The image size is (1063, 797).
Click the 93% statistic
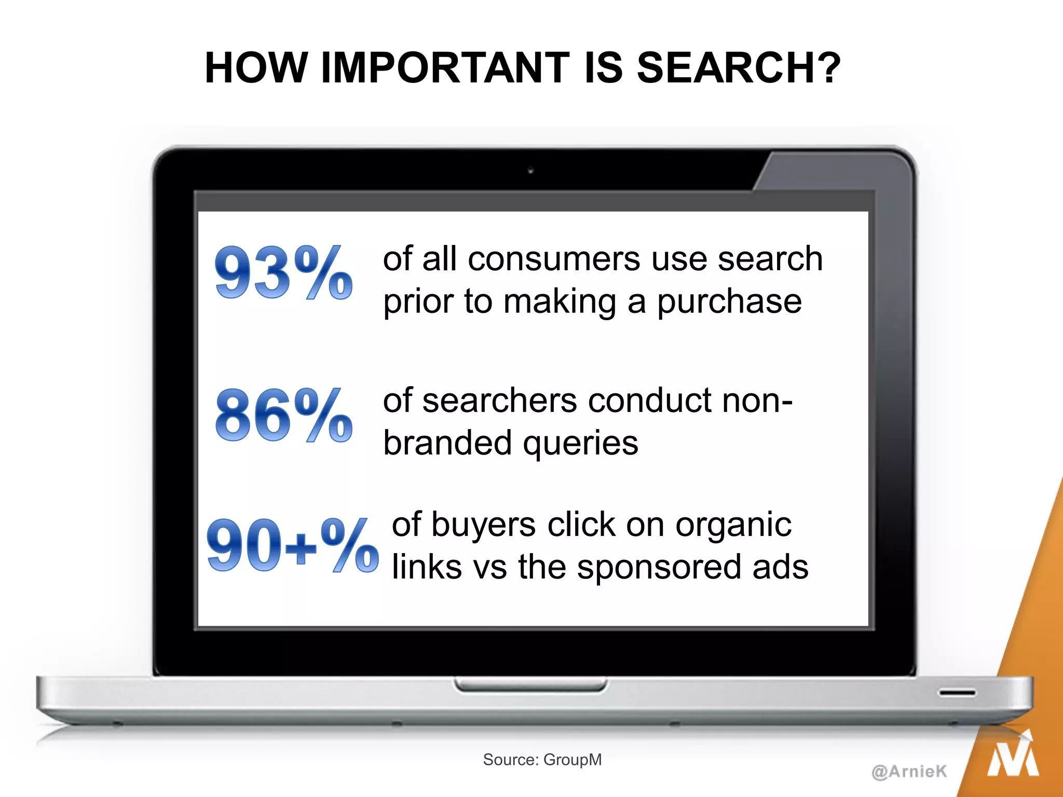[283, 273]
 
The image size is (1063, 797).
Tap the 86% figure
[283, 415]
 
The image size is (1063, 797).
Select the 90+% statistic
[292, 545]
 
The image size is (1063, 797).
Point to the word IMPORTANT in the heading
[445, 68]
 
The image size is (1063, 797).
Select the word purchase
[729, 302]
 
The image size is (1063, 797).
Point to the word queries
[580, 444]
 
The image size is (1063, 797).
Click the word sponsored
[659, 567]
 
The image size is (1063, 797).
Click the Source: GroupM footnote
[542, 760]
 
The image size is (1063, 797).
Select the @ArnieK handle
[909, 771]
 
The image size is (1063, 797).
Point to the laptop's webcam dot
[530, 171]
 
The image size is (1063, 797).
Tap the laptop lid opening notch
[530, 685]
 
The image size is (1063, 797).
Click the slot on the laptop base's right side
[957, 693]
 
